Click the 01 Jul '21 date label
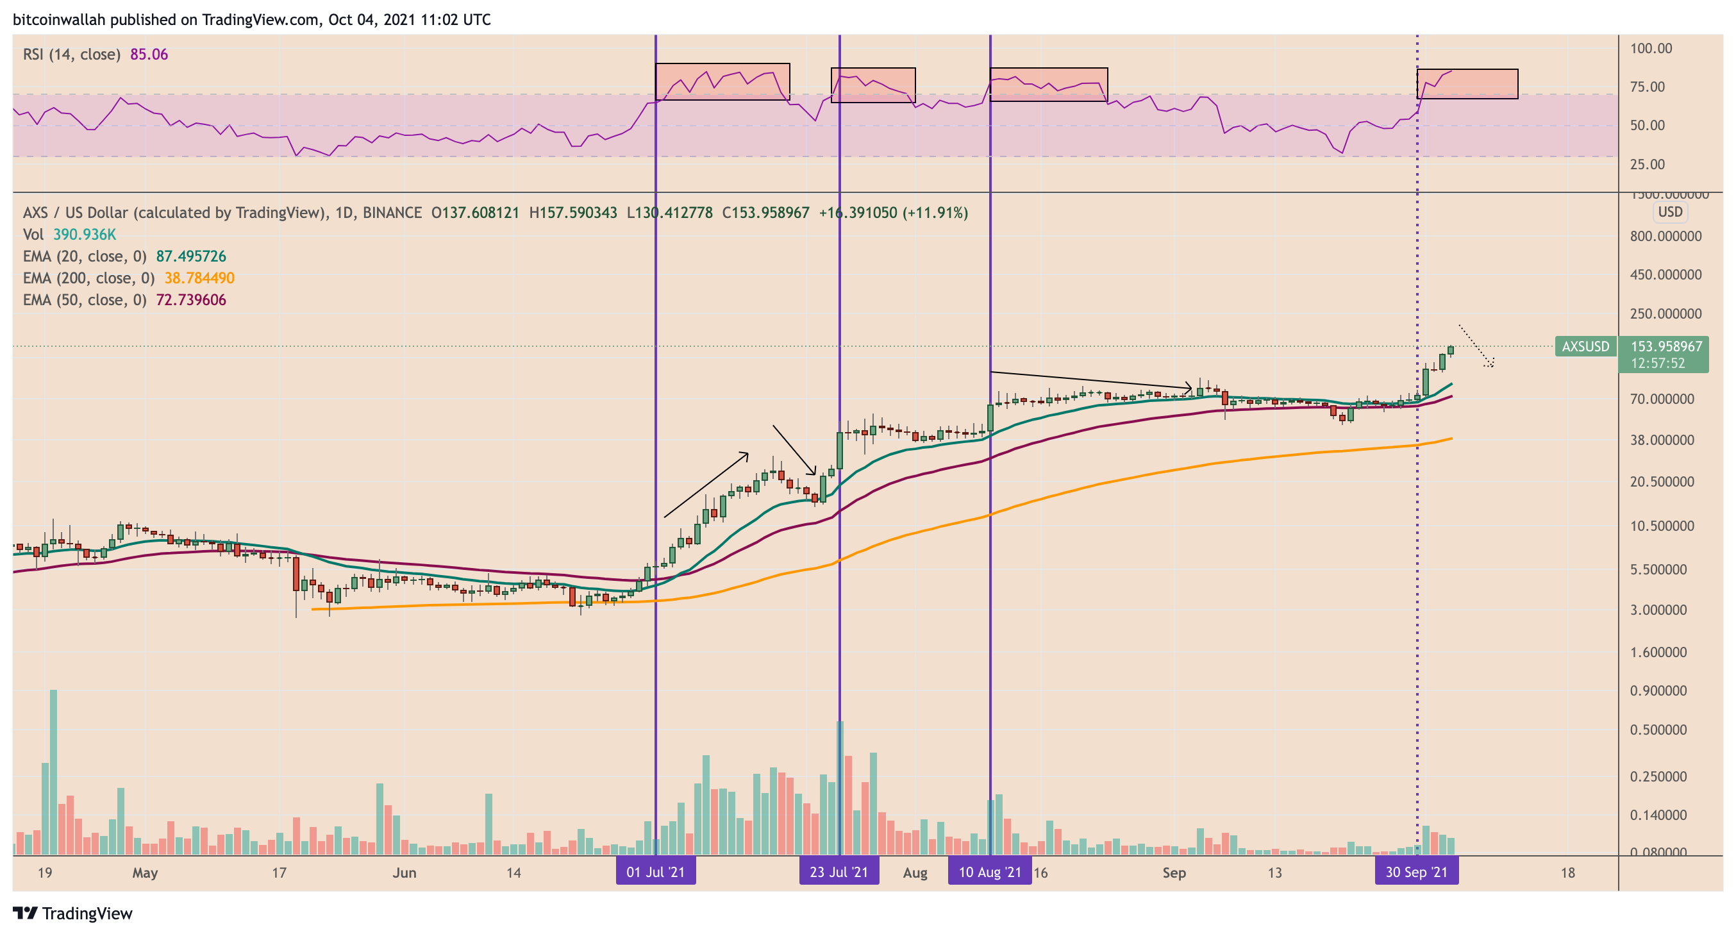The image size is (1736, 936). click(x=655, y=872)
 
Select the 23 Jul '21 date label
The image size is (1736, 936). click(x=839, y=872)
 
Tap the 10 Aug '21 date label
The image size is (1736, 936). click(x=989, y=872)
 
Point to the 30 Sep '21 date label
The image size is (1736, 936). click(x=1416, y=872)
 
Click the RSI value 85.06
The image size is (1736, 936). click(x=149, y=54)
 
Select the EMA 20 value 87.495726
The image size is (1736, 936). click(x=191, y=256)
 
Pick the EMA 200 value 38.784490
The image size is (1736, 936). click(x=199, y=278)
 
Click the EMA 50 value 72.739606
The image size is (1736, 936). click(x=191, y=300)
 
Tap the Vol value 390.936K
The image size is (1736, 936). click(x=84, y=235)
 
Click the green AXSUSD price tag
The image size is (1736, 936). click(x=1585, y=346)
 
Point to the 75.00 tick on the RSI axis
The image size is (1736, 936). click(x=1647, y=87)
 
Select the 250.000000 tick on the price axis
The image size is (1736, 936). click(x=1665, y=314)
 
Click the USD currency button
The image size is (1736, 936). click(x=1670, y=212)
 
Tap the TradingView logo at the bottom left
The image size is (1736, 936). click(x=73, y=913)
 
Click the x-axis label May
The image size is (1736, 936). click(x=145, y=873)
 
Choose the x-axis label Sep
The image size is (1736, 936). click(x=1173, y=873)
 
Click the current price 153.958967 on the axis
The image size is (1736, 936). click(x=1666, y=346)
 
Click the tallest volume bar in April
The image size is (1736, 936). click(x=53, y=772)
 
